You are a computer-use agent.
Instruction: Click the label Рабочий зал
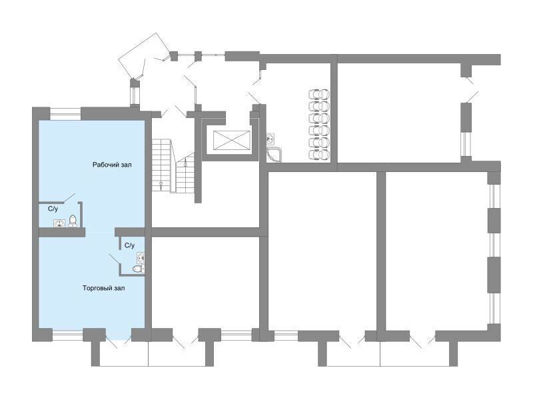[112, 165]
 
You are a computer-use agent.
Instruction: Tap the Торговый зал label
[103, 288]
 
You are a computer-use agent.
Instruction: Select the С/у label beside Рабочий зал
[53, 209]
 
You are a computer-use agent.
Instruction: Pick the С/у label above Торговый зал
[129, 245]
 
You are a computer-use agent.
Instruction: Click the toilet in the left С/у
[73, 221]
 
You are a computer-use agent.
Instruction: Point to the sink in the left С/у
[59, 223]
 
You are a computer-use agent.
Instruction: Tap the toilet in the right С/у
[138, 269]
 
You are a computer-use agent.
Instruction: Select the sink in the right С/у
[141, 258]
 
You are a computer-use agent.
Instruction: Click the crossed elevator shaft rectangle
[232, 141]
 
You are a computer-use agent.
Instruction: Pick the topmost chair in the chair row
[319, 94]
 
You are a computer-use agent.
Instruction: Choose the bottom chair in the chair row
[319, 155]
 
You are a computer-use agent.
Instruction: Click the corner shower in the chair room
[274, 155]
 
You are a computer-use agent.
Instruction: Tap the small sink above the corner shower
[270, 139]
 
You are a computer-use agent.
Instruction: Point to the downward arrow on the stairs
[161, 185]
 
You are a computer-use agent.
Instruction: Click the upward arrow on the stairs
[185, 163]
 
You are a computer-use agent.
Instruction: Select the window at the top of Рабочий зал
[65, 114]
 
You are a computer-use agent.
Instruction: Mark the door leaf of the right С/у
[115, 259]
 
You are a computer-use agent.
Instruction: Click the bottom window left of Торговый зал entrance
[68, 335]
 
